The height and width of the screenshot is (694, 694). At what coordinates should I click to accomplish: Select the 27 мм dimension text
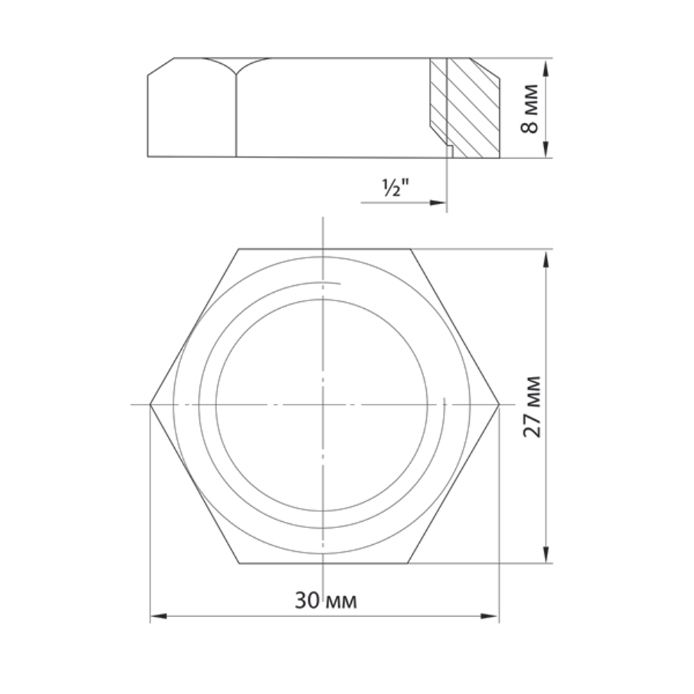point(532,407)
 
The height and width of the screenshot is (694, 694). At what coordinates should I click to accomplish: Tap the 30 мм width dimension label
point(325,600)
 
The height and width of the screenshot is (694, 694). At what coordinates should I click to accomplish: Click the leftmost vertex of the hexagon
point(151,404)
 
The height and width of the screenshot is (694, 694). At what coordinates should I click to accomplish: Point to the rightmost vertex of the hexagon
point(499,404)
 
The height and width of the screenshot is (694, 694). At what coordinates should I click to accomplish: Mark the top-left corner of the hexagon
point(239,248)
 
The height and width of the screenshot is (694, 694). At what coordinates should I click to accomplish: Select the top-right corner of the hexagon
point(410,248)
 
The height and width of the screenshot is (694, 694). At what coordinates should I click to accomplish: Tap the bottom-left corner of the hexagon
point(239,564)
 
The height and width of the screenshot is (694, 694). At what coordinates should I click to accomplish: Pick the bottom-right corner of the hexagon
point(410,564)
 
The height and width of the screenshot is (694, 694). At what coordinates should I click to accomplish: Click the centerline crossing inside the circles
point(323,404)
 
